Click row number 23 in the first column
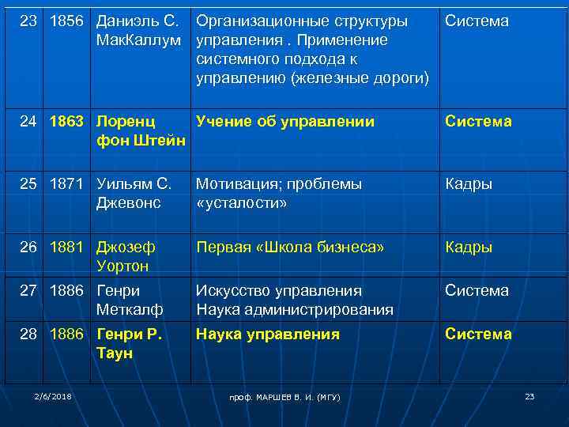pyautogui.click(x=29, y=21)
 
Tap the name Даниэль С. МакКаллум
pyautogui.click(x=139, y=30)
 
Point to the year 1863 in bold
pyautogui.click(x=68, y=122)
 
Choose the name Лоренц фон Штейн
pyautogui.click(x=141, y=131)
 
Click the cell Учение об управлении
pyautogui.click(x=285, y=122)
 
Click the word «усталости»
pyautogui.click(x=242, y=203)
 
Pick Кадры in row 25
pyautogui.click(x=469, y=184)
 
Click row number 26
pyautogui.click(x=29, y=247)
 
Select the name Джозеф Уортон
pyautogui.click(x=126, y=256)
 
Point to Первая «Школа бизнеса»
pyautogui.click(x=290, y=247)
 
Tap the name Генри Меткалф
pyautogui.click(x=130, y=300)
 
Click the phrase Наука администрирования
pyautogui.click(x=295, y=310)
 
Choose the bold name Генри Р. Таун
pyautogui.click(x=129, y=343)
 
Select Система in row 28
pyautogui.click(x=478, y=334)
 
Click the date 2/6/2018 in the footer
pyautogui.click(x=53, y=395)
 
